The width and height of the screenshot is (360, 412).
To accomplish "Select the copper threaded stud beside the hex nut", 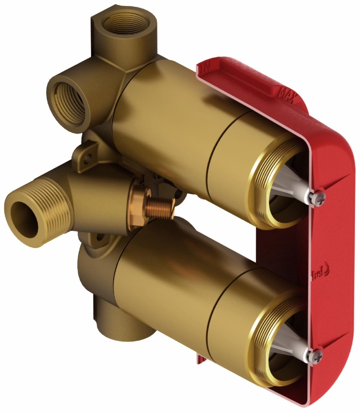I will (161, 208).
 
